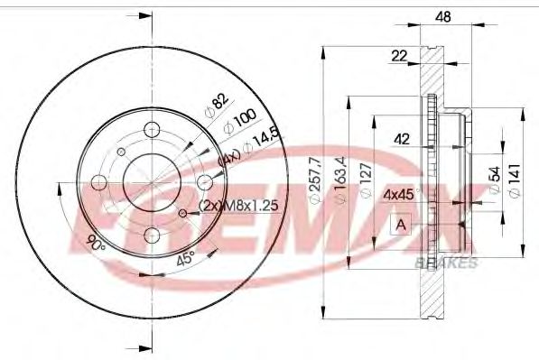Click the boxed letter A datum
[x=398, y=225]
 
